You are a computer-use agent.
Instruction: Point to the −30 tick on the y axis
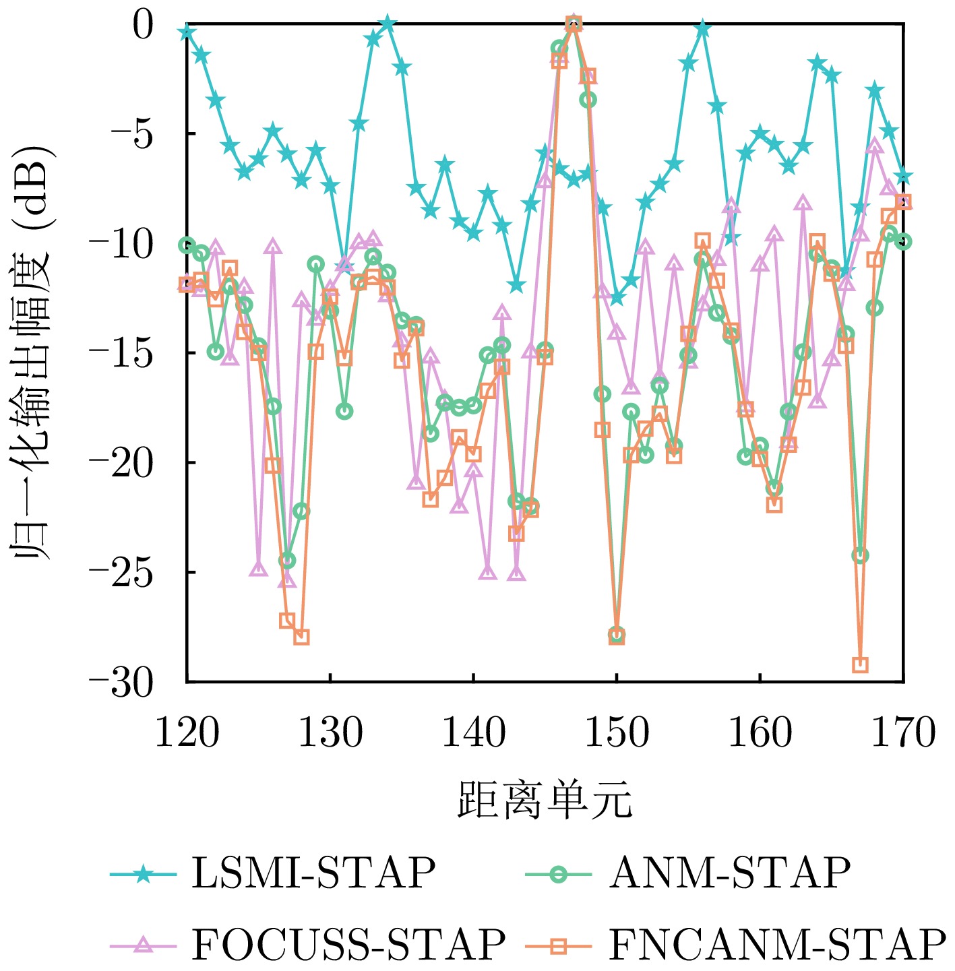tap(121, 683)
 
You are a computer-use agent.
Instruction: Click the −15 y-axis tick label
tap(121, 353)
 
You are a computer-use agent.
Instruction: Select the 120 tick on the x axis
tap(187, 734)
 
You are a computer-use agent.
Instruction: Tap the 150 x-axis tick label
tap(616, 734)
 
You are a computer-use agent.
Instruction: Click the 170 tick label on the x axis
tap(903, 734)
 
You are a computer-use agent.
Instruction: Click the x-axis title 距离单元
tap(545, 800)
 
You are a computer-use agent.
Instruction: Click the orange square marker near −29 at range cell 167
tap(860, 665)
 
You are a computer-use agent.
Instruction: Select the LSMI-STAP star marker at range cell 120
tap(187, 32)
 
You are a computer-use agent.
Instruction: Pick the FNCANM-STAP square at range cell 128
tap(301, 637)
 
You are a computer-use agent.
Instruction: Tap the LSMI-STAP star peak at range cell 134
tap(388, 24)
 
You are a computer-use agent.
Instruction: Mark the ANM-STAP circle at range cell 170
tap(903, 241)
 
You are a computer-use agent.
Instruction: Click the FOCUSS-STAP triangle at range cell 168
tap(875, 146)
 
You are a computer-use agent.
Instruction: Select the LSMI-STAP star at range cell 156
tap(703, 28)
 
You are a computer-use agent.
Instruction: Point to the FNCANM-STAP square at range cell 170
tap(903, 202)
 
